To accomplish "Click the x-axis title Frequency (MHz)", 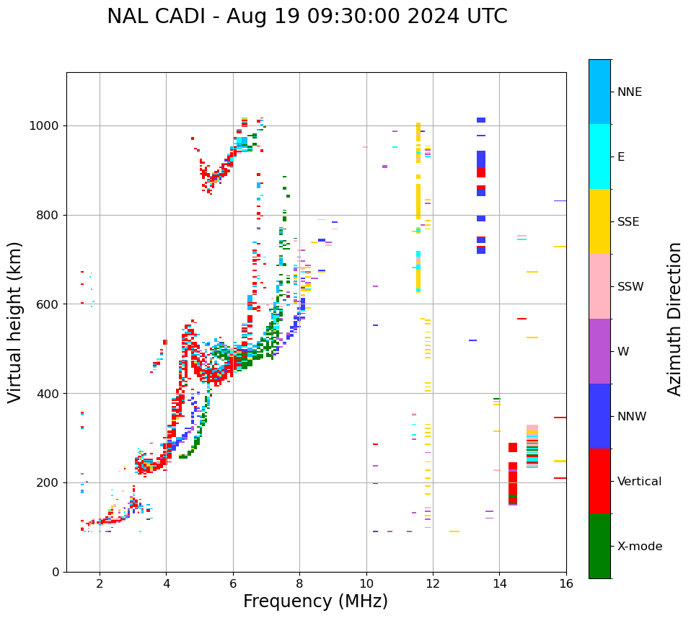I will coord(315,601).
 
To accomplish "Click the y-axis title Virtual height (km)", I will coord(16,322).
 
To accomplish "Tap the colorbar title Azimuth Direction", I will coord(674,319).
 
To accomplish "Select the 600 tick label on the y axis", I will coord(48,304).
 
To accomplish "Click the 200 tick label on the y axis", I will coord(48,482).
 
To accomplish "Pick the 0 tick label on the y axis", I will coord(55,572).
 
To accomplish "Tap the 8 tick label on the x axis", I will coord(299,583).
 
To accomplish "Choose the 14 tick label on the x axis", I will coord(499,583).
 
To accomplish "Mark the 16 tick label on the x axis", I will coord(566,583).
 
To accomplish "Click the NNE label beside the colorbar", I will coord(629,92).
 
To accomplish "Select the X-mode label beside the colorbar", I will coord(640,547).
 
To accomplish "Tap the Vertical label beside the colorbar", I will coord(639,482).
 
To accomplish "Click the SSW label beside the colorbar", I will coord(630,287).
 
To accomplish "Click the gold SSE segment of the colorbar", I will coord(599,221).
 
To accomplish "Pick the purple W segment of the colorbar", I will coord(599,351).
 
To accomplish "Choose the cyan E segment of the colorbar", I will coord(599,156).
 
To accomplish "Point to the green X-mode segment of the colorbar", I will coord(599,546).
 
